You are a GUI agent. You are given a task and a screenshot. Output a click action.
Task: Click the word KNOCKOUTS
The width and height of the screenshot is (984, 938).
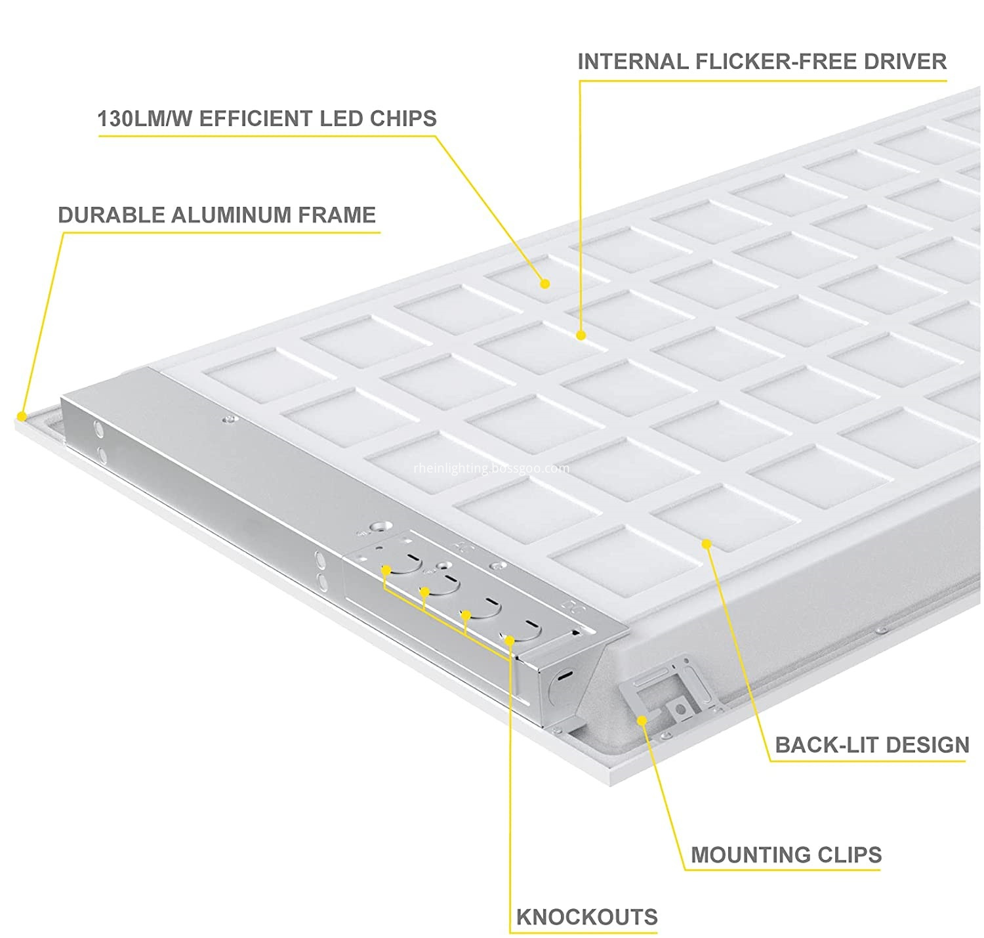pyautogui.click(x=586, y=917)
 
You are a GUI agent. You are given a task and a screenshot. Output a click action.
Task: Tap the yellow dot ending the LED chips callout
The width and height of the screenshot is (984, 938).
pyautogui.click(x=545, y=284)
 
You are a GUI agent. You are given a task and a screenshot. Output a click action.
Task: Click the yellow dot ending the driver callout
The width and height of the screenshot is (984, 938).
pyautogui.click(x=581, y=335)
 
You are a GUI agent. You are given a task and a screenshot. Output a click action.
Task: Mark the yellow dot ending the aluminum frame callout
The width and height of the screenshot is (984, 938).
pyautogui.click(x=22, y=416)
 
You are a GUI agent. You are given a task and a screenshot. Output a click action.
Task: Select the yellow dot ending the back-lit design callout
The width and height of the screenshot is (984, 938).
pyautogui.click(x=707, y=544)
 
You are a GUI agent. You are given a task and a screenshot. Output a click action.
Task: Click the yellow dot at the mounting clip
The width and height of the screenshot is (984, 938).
pyautogui.click(x=642, y=721)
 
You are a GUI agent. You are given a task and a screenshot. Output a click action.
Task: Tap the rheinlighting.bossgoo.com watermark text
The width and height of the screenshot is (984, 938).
pyautogui.click(x=491, y=468)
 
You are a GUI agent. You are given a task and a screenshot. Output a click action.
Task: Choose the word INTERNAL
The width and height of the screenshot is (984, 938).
pyautogui.click(x=633, y=61)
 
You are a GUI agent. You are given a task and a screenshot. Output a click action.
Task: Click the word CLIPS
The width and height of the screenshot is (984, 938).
pyautogui.click(x=850, y=855)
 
